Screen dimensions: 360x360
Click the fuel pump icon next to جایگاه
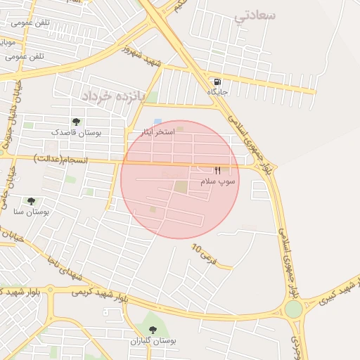217,82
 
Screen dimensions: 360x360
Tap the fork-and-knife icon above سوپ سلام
217,170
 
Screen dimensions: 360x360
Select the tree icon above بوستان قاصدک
76,122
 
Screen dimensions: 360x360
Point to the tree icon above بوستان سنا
31,201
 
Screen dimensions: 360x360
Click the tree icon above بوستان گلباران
153,330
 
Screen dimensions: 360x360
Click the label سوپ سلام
219,181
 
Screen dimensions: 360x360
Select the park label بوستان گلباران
153,341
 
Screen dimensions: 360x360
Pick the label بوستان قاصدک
77,132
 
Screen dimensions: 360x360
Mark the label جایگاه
218,92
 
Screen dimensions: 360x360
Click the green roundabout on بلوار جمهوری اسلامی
293,309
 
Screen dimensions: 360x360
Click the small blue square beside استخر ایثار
157,122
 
